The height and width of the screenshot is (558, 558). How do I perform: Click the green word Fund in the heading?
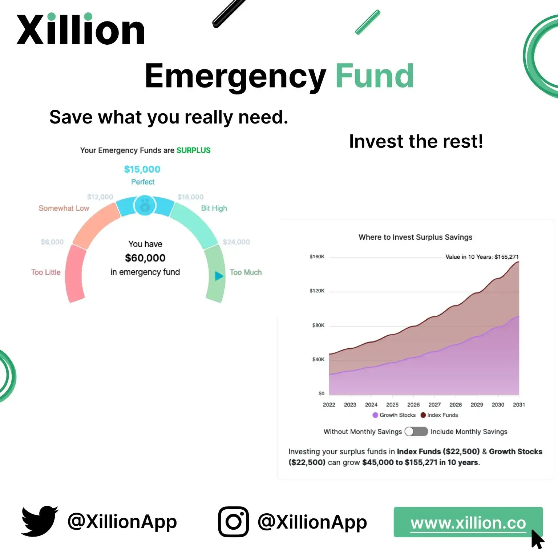pos(375,76)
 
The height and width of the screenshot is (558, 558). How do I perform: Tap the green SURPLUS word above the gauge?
pos(193,150)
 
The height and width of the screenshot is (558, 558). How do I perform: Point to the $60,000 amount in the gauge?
pos(145,258)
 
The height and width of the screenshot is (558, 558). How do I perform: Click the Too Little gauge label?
pos(46,272)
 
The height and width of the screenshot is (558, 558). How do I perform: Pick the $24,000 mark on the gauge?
pos(236,242)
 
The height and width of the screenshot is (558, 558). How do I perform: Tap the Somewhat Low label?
pos(64,208)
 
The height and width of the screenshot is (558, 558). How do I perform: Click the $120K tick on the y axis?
pos(317,291)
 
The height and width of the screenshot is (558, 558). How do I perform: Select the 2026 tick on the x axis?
pos(413,405)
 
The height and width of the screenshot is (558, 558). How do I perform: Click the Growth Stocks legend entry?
pos(394,415)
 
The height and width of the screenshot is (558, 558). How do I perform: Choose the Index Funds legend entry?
pos(439,415)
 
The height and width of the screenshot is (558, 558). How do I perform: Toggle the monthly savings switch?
pos(416,431)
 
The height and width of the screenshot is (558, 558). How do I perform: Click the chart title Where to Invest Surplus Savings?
pos(415,237)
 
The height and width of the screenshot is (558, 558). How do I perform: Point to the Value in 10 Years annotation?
pos(482,257)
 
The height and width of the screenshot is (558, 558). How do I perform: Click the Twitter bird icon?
pos(40,521)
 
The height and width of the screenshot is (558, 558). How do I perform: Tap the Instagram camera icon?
pos(234,522)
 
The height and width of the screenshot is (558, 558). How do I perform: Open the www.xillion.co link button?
pos(468,522)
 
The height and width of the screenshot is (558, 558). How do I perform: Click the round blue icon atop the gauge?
pos(145,206)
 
